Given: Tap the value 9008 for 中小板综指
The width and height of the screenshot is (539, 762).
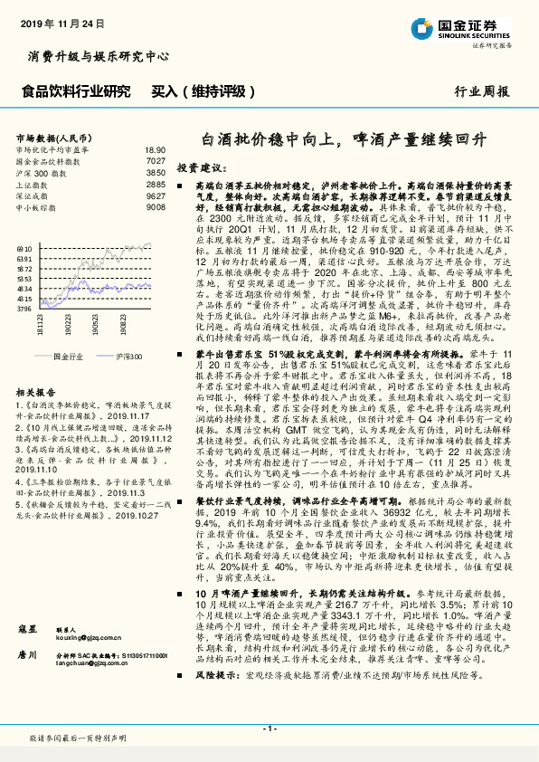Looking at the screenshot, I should (x=156, y=206).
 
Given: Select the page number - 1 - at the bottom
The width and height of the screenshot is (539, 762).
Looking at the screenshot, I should (x=269, y=729).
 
